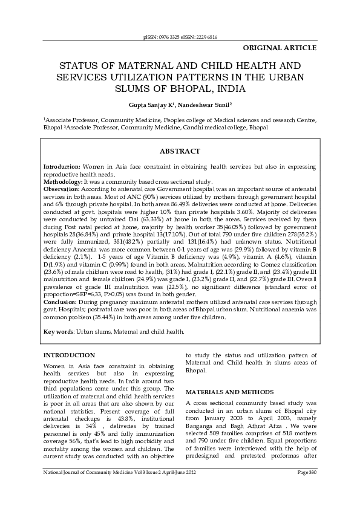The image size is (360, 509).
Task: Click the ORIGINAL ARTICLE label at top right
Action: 279,47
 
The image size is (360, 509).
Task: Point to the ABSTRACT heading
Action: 179,151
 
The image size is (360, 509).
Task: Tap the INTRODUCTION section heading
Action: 69,355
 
